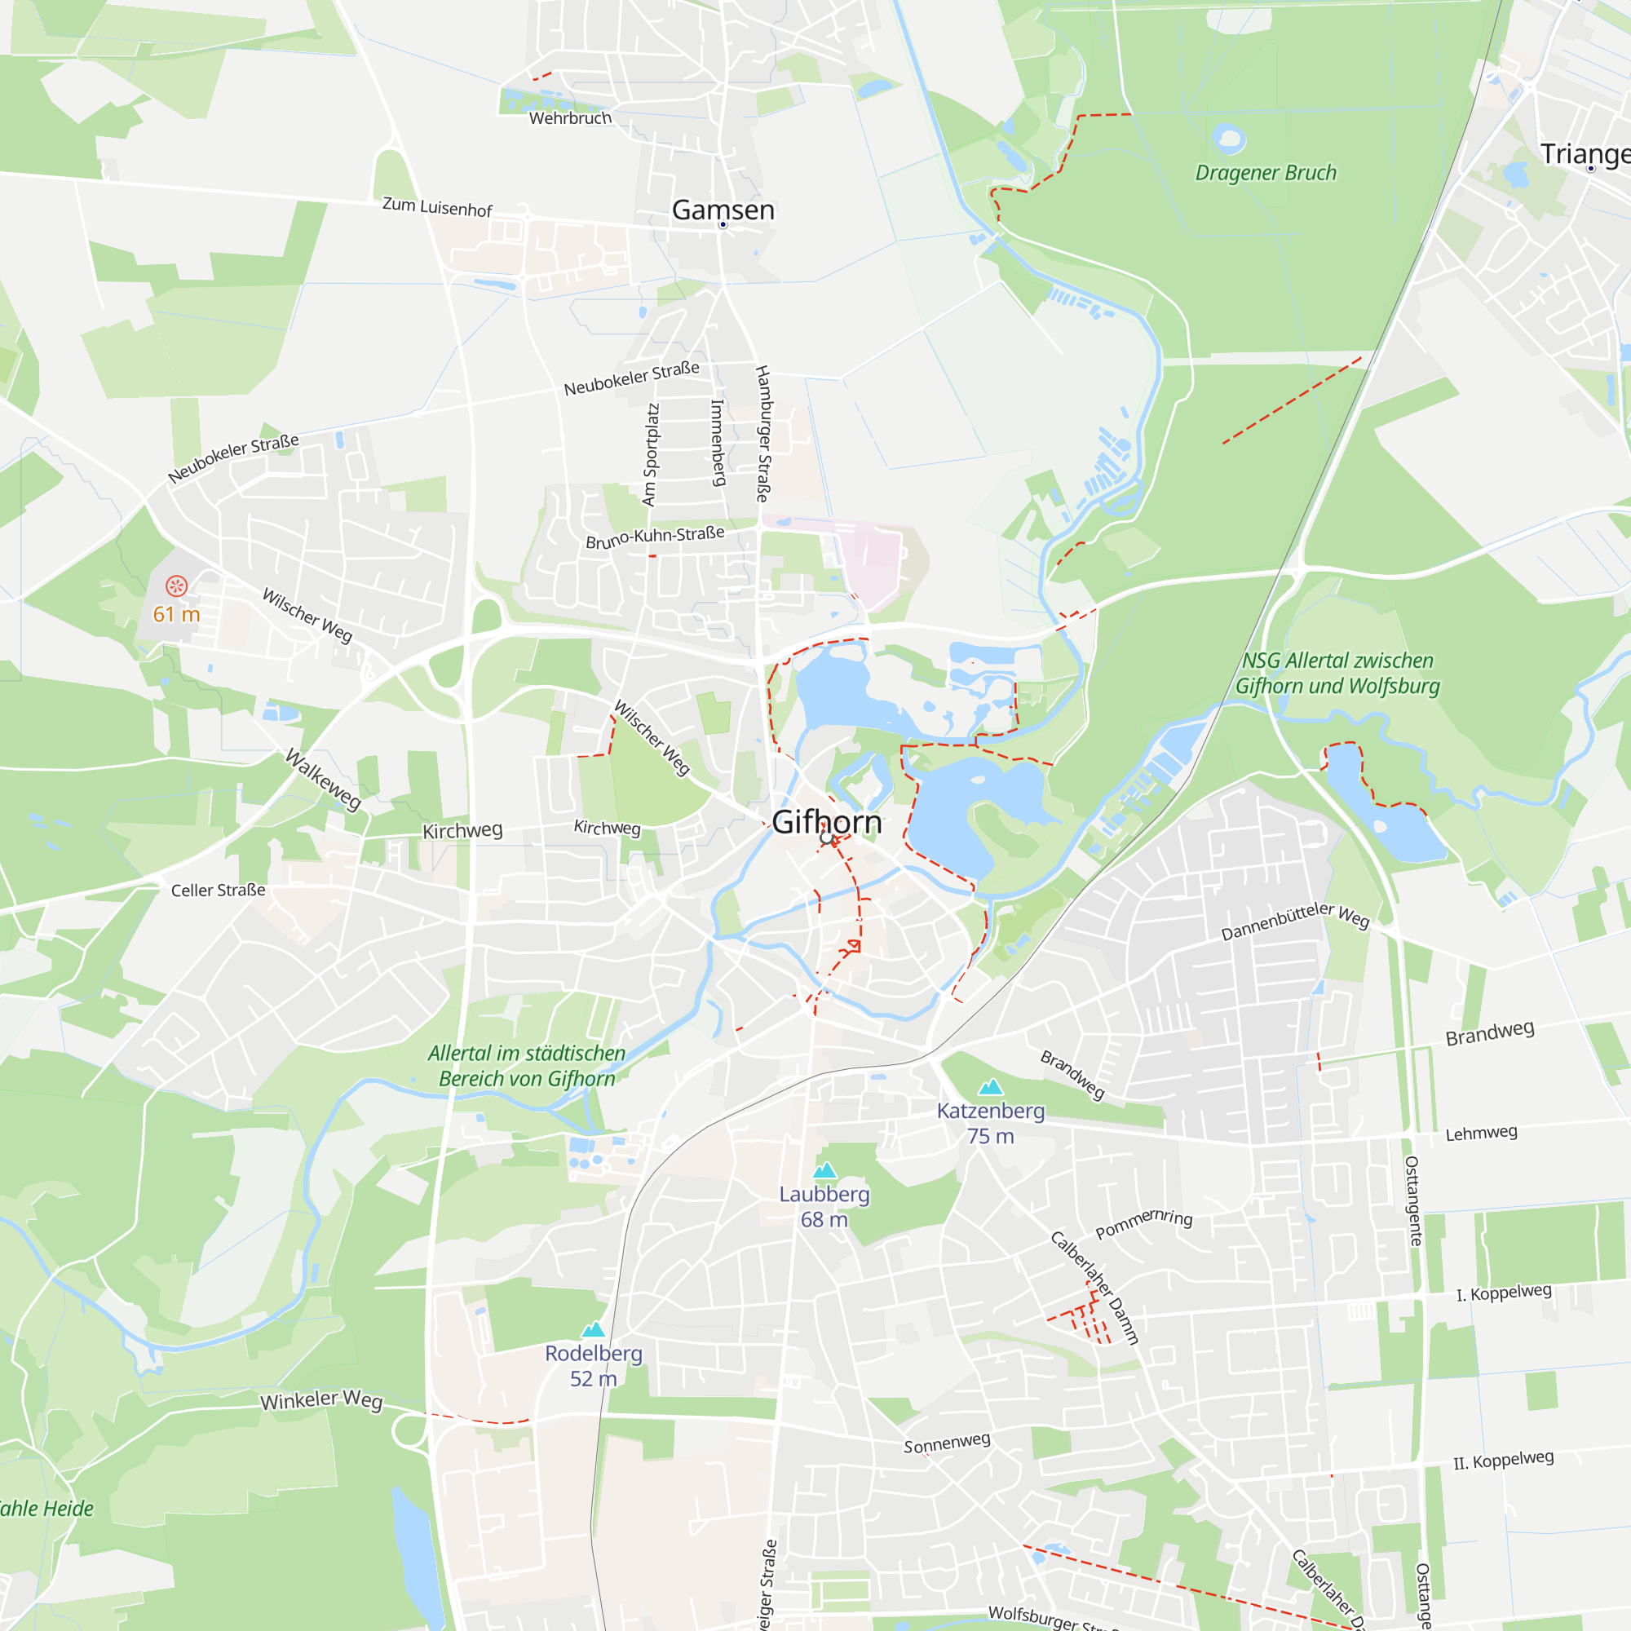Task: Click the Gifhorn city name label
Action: pyautogui.click(x=826, y=821)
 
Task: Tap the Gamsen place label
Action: pyautogui.click(x=723, y=210)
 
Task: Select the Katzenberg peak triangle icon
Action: pyautogui.click(x=990, y=1086)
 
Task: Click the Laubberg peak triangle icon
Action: pyautogui.click(x=824, y=1170)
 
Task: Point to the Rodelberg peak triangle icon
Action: pyautogui.click(x=594, y=1329)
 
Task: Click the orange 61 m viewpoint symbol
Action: pyautogui.click(x=176, y=586)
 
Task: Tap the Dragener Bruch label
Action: pyautogui.click(x=1266, y=173)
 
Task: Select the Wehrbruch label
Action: pyautogui.click(x=570, y=118)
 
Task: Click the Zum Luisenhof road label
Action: pyautogui.click(x=437, y=207)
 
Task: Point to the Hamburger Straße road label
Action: pyautogui.click(x=762, y=434)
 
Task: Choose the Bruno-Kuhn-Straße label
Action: pyautogui.click(x=655, y=537)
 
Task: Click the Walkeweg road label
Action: pyautogui.click(x=323, y=778)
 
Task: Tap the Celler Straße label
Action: pyautogui.click(x=218, y=891)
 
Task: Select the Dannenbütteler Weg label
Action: pyautogui.click(x=1295, y=921)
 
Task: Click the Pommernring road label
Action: pyautogui.click(x=1144, y=1223)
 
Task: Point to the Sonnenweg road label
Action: pyautogui.click(x=946, y=1443)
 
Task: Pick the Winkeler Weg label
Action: pyautogui.click(x=320, y=1400)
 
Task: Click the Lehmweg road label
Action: pyautogui.click(x=1481, y=1133)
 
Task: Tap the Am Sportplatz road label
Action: pyautogui.click(x=650, y=454)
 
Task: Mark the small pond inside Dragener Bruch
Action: pyautogui.click(x=1228, y=137)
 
